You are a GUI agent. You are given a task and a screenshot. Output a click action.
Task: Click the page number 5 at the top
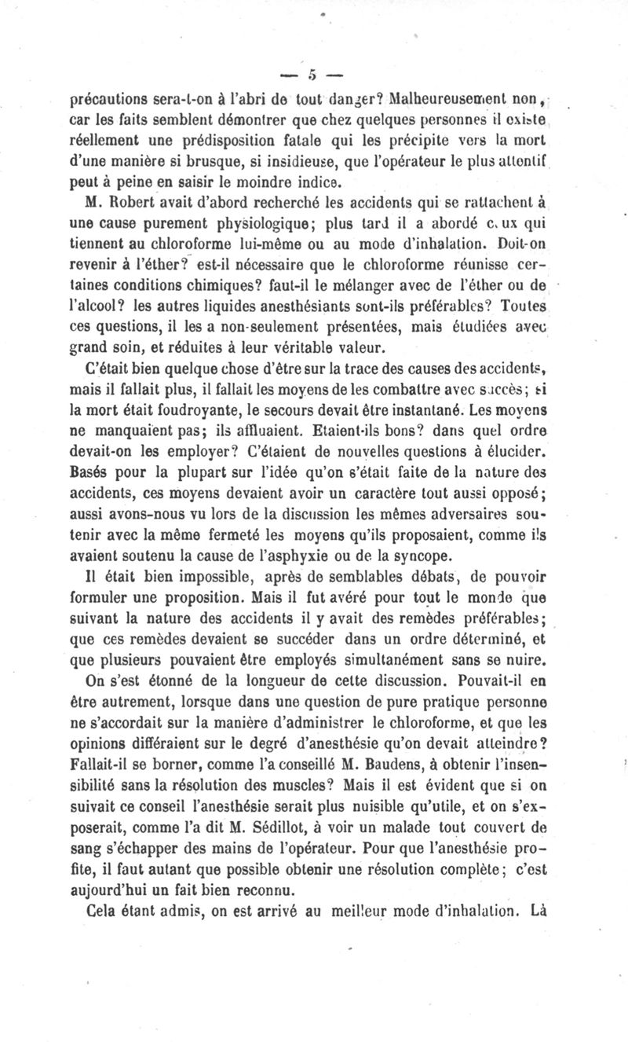point(312,75)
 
